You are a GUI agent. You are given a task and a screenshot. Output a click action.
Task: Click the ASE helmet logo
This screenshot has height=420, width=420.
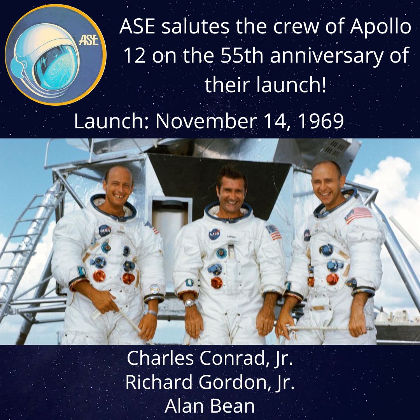pyautogui.click(x=56, y=55)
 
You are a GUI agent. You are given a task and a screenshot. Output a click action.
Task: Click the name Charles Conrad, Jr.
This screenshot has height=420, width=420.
pyautogui.click(x=210, y=359)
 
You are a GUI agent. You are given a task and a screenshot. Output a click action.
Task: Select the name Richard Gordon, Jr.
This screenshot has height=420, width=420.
pyautogui.click(x=210, y=382)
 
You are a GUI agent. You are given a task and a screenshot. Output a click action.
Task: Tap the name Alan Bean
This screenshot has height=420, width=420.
pyautogui.click(x=210, y=406)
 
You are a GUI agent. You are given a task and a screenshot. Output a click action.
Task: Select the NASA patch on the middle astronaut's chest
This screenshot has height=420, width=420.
pyautogui.click(x=214, y=234)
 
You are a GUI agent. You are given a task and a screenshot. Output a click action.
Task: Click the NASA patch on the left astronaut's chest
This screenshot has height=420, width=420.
pyautogui.click(x=105, y=230)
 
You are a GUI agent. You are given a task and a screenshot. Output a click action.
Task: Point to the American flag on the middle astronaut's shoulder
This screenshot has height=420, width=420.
pyautogui.click(x=274, y=232)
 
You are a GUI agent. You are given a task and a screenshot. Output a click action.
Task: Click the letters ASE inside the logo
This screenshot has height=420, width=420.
pyautogui.click(x=89, y=41)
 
